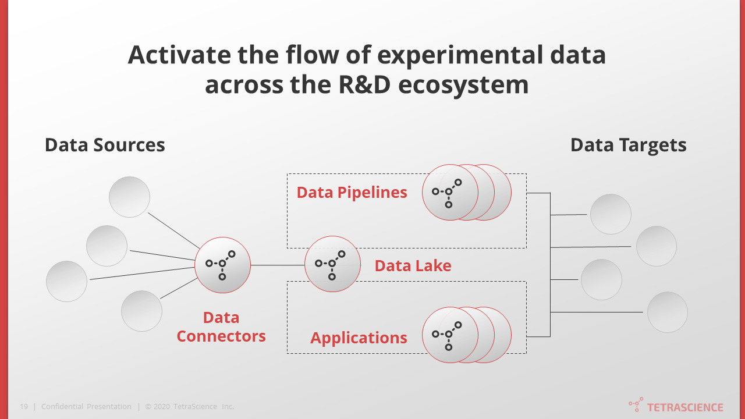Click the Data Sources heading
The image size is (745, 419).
point(105,145)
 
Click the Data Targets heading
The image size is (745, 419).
point(628,145)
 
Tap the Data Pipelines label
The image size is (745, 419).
point(352,193)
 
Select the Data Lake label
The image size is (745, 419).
point(413,266)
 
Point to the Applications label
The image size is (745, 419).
point(359,338)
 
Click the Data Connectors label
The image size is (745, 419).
point(221,326)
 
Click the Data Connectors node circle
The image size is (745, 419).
point(222,265)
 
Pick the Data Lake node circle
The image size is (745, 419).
point(332,264)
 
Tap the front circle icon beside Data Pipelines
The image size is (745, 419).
point(450,192)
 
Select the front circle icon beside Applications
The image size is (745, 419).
point(450,335)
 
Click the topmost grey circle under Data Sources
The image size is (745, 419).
point(130,197)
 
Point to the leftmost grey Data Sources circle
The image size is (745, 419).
point(67,281)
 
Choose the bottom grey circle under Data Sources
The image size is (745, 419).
point(141,311)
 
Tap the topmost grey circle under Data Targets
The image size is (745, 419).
point(611,214)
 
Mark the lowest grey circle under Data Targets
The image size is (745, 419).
point(667,312)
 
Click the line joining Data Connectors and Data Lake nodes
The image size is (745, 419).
point(278,265)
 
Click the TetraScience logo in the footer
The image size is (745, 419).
point(676,406)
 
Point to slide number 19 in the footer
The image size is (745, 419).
point(24,407)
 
